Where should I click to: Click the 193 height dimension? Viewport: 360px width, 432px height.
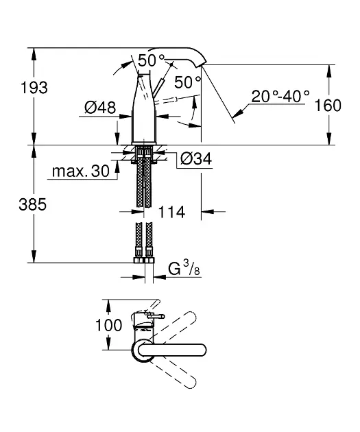34,88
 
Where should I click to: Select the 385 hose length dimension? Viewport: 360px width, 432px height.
32,205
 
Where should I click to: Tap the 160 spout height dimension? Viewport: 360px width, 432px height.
328,105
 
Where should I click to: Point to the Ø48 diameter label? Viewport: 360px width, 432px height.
100,107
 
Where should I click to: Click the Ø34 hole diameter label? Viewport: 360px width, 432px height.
196,158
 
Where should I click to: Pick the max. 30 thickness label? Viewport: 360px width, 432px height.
81,171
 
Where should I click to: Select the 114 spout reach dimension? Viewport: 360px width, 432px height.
171,212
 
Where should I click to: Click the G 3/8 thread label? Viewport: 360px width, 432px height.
184,268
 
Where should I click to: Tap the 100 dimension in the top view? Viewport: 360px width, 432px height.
108,325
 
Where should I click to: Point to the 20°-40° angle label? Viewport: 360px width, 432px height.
280,96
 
